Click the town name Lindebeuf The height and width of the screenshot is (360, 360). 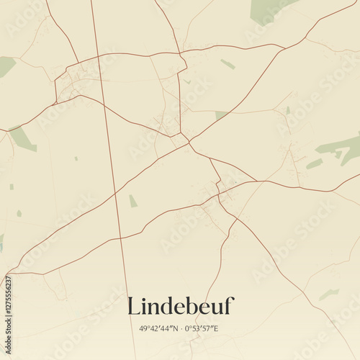(180, 305)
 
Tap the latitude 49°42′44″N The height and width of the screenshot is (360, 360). (155, 328)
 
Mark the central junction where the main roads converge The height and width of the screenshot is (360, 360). (189, 143)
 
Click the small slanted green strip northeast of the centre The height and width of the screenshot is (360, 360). (228, 64)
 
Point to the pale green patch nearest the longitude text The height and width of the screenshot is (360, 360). (328, 294)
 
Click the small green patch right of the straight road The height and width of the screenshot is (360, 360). (132, 201)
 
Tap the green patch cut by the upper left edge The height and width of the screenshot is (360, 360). (6, 66)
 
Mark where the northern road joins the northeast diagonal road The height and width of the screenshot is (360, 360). (285, 48)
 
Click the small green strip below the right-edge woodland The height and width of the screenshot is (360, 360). (314, 164)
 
